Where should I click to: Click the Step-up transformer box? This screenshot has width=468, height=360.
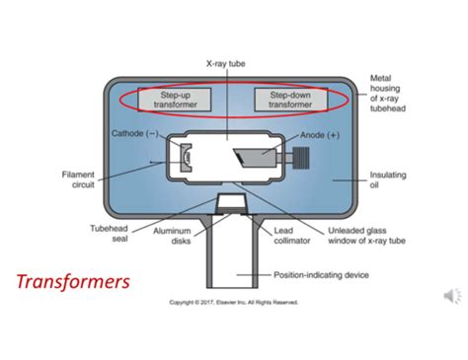[175, 100]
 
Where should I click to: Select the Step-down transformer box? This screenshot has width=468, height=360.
[291, 100]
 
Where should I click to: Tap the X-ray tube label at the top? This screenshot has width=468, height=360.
[226, 63]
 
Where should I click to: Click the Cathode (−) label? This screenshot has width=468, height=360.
[135, 133]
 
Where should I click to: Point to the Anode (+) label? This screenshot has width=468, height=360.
[320, 135]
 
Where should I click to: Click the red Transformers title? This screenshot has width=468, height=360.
[73, 282]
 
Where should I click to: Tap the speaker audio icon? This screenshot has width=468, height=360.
[453, 296]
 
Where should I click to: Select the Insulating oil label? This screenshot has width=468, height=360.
[388, 180]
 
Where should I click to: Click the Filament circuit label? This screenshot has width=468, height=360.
[78, 180]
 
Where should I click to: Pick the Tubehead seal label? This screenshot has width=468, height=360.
[109, 234]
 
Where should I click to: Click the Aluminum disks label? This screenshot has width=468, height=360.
[172, 236]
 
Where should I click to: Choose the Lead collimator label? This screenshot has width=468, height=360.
[291, 236]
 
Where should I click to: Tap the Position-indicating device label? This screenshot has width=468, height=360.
[321, 275]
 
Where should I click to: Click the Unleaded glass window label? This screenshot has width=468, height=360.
[366, 236]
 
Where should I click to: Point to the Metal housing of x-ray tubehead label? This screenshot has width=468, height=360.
[388, 94]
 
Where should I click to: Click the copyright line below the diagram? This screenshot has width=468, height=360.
[234, 302]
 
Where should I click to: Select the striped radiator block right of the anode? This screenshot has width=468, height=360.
[301, 158]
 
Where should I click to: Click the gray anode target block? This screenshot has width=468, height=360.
[255, 158]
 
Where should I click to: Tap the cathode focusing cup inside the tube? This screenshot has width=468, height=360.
[186, 158]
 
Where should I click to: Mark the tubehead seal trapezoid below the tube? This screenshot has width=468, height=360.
[231, 203]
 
